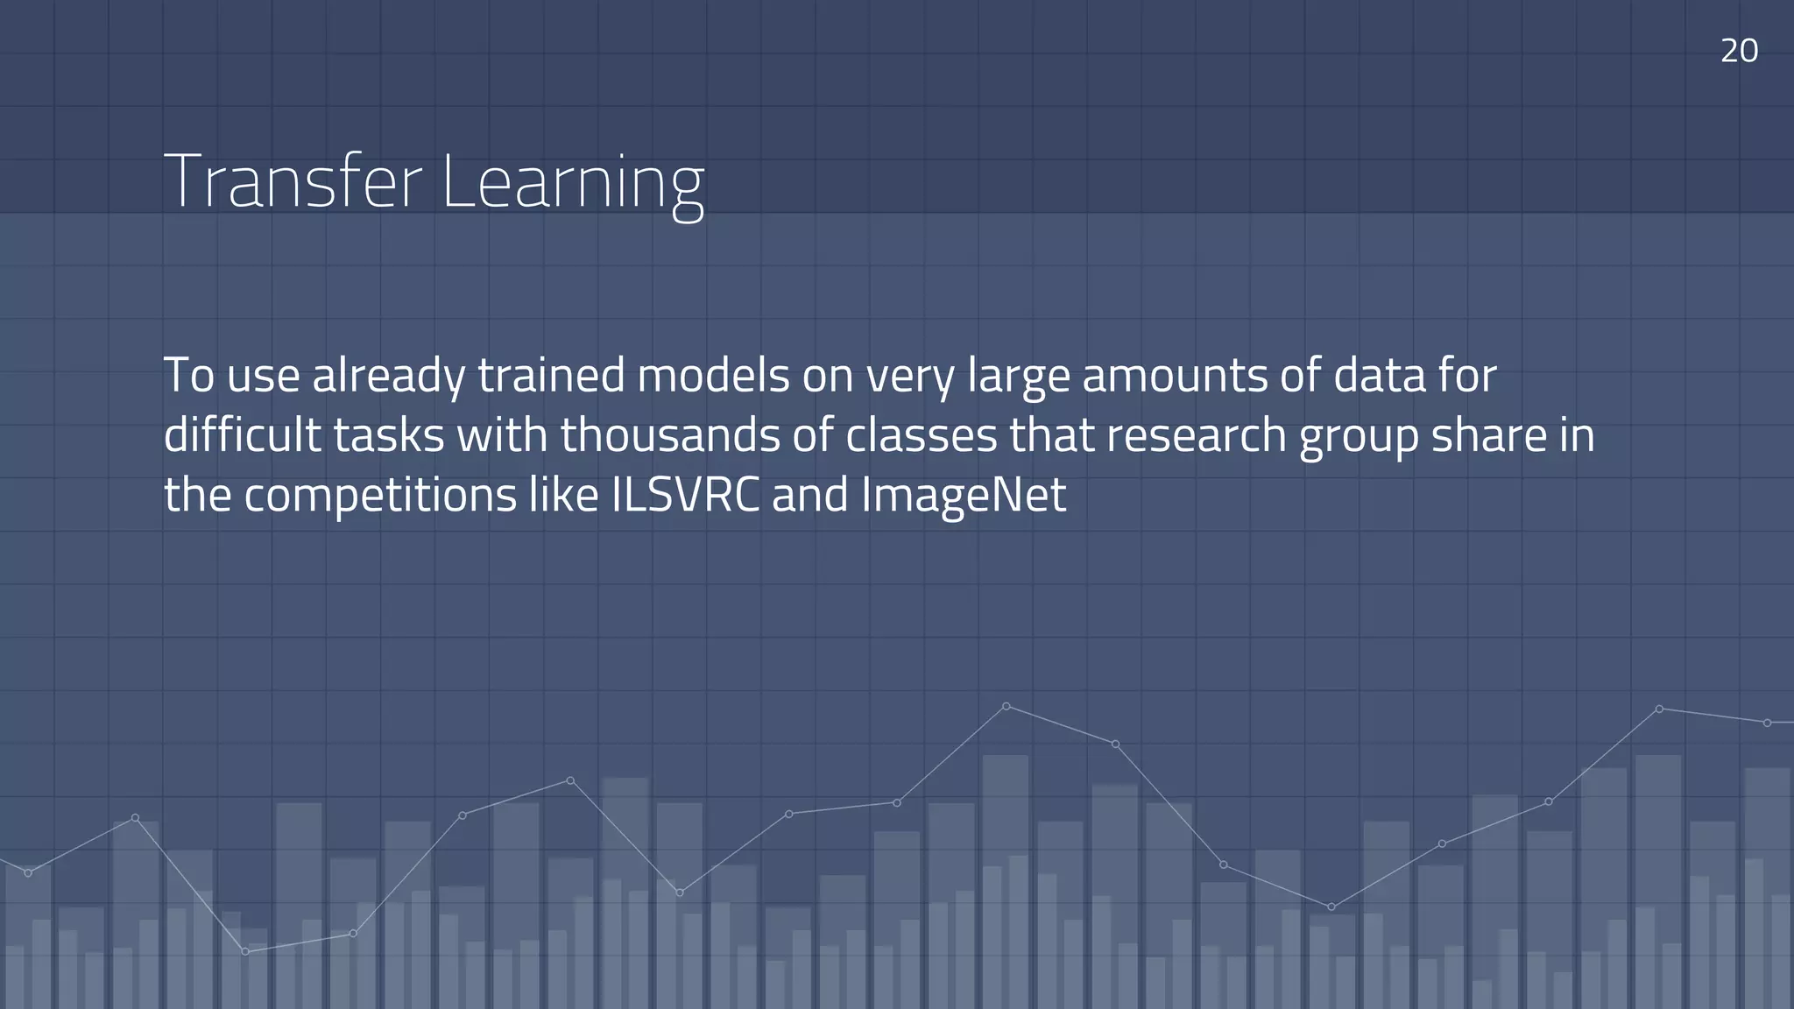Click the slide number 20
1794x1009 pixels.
[x=1739, y=51]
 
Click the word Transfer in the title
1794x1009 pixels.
[x=293, y=181]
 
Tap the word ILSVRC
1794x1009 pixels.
[x=685, y=495]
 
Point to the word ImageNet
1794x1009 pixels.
[x=964, y=497]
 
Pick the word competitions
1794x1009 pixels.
[x=380, y=497]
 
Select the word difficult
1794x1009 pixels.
[x=243, y=435]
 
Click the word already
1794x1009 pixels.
[x=389, y=377]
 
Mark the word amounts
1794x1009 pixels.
[x=1175, y=376]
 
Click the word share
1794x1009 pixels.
[x=1489, y=435]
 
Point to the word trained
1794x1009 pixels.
[x=551, y=376]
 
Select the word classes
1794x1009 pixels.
[x=922, y=435]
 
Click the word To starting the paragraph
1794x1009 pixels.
[x=189, y=376]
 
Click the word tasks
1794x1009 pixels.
[x=389, y=435]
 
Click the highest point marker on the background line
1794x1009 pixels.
[x=1006, y=706]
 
